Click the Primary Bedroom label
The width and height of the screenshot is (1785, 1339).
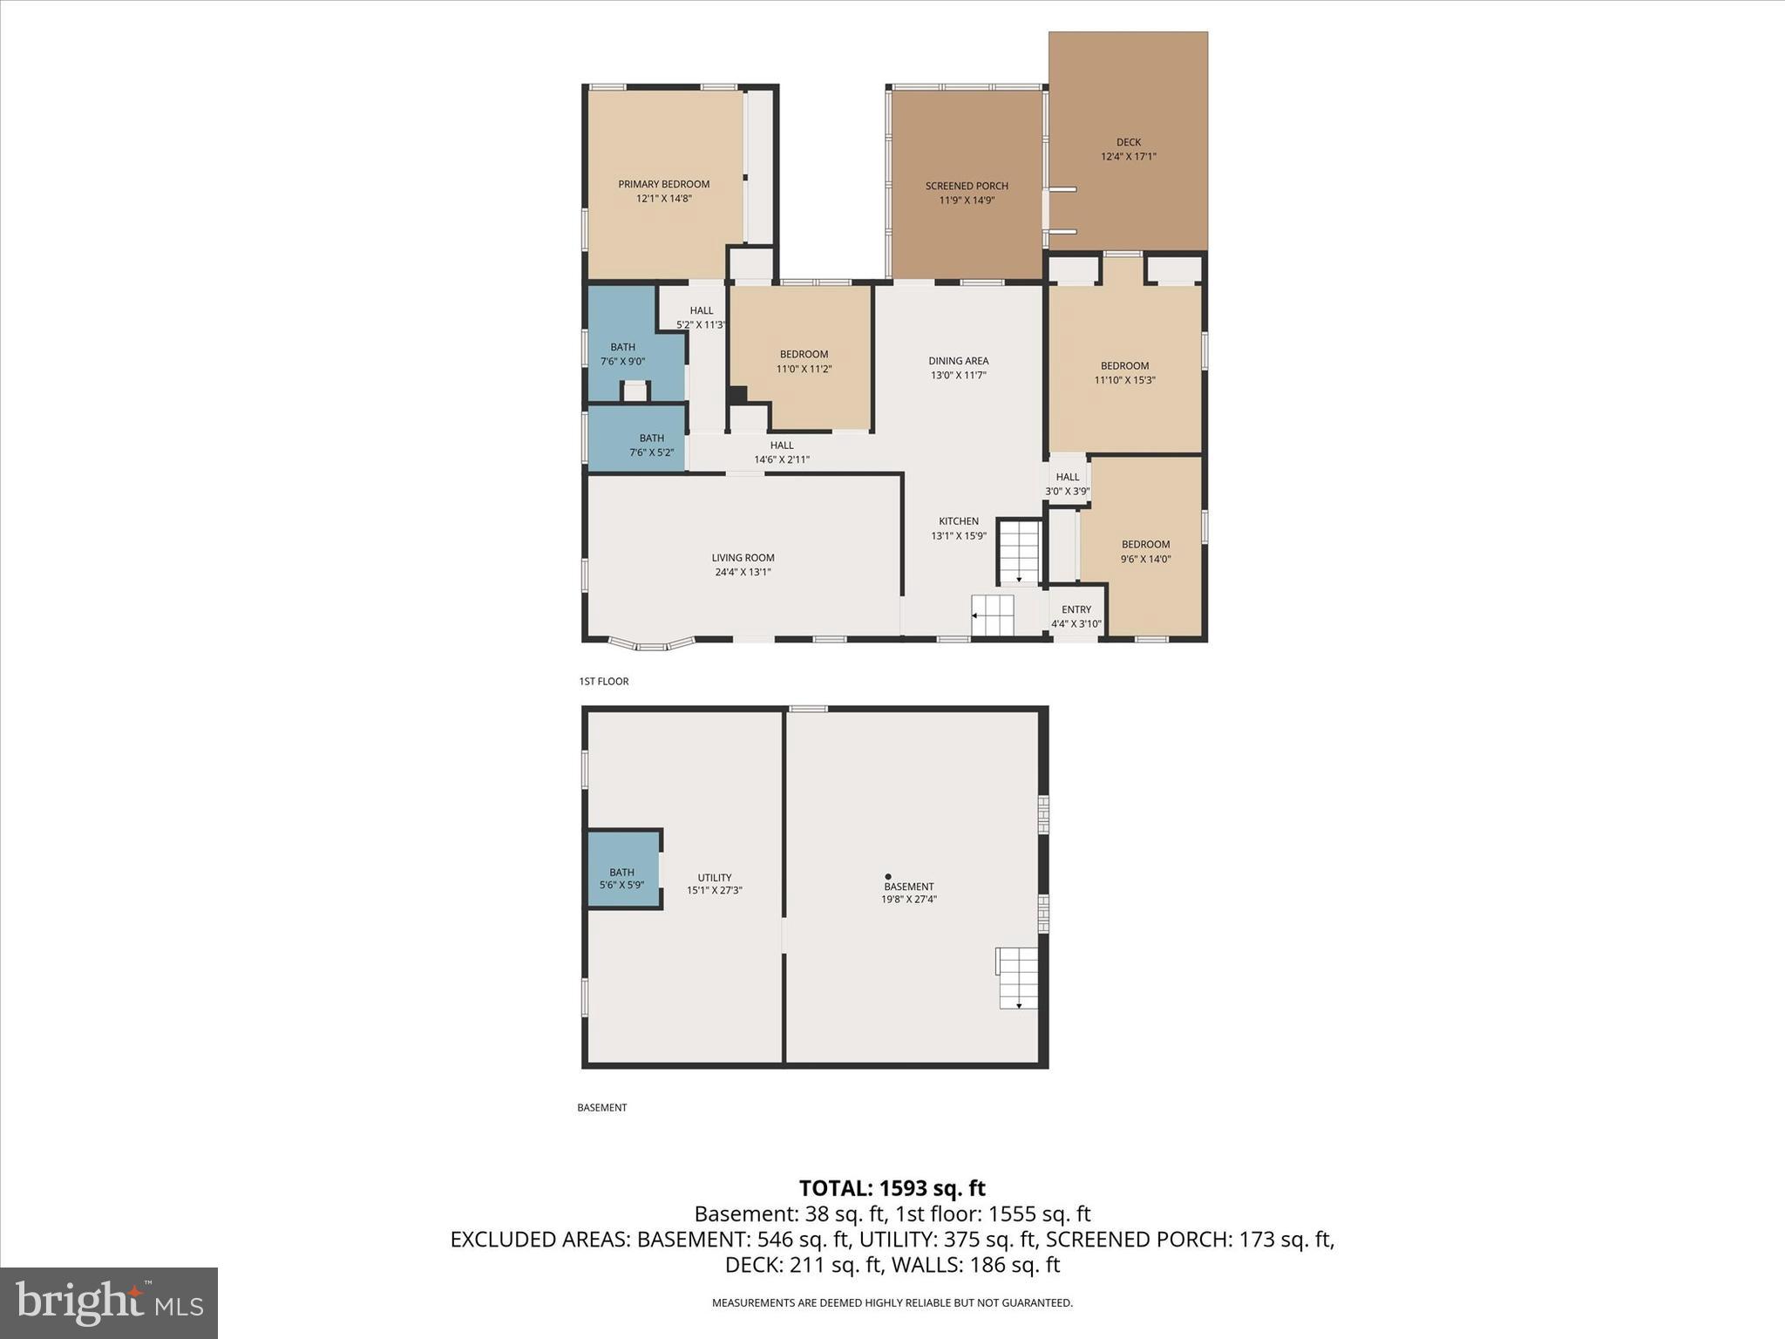pyautogui.click(x=663, y=185)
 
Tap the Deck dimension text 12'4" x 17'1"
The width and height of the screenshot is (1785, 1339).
pyautogui.click(x=1128, y=157)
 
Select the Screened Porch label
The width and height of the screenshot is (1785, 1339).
pyautogui.click(x=967, y=186)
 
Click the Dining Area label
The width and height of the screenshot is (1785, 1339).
pyautogui.click(x=958, y=361)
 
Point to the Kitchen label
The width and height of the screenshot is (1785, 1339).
pyautogui.click(x=958, y=521)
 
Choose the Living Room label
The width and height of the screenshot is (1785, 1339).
pyautogui.click(x=743, y=558)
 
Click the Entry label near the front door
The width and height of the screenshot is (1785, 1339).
pyautogui.click(x=1076, y=610)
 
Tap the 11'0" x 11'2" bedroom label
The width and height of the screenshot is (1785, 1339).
pyautogui.click(x=804, y=362)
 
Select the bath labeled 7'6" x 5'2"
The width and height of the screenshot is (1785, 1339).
pyautogui.click(x=651, y=445)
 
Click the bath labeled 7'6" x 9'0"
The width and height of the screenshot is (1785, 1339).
pyautogui.click(x=622, y=354)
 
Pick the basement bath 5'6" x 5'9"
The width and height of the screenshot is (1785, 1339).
pyautogui.click(x=621, y=879)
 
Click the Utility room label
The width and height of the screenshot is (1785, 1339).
pyautogui.click(x=714, y=878)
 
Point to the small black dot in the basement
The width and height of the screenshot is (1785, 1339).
pyautogui.click(x=888, y=877)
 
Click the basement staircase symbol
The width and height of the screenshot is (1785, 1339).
pyautogui.click(x=1017, y=978)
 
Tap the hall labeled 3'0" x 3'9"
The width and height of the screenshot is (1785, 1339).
pyautogui.click(x=1068, y=484)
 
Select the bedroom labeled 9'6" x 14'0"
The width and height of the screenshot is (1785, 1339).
pyautogui.click(x=1145, y=552)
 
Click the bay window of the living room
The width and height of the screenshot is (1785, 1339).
pyautogui.click(x=651, y=644)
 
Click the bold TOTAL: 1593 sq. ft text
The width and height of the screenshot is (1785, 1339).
pyautogui.click(x=892, y=1188)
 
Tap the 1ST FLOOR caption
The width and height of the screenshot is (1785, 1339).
pyautogui.click(x=603, y=682)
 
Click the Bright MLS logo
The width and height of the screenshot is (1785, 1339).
pyautogui.click(x=109, y=1302)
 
